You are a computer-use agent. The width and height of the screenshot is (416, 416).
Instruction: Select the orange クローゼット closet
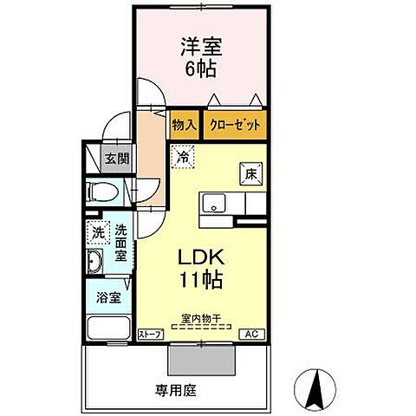(236, 125)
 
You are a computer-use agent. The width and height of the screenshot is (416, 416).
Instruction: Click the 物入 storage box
(183, 125)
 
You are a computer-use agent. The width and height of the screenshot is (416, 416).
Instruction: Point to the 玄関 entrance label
(117, 159)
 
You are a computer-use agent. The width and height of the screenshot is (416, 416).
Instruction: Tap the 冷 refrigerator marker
(184, 158)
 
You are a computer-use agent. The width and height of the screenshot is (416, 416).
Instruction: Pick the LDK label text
(202, 257)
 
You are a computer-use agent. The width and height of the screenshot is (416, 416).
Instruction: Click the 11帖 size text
(202, 280)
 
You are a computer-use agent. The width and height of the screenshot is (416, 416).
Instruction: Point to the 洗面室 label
(121, 244)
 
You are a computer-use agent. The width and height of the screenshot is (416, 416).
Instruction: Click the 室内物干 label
(201, 319)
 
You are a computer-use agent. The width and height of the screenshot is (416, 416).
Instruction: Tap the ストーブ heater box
(150, 334)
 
